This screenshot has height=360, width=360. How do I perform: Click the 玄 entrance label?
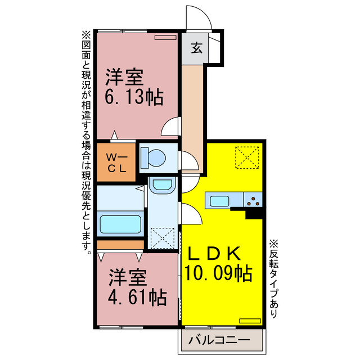click(196, 48)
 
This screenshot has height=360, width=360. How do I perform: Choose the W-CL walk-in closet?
click(116, 163)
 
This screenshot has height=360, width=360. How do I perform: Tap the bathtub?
click(120, 223)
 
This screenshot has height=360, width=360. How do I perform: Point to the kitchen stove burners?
click(254, 200)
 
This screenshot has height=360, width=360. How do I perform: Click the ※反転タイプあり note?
click(273, 279)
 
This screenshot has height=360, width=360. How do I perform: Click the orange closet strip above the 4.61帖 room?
click(120, 245)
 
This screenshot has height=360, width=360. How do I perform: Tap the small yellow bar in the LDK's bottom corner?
click(250, 320)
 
